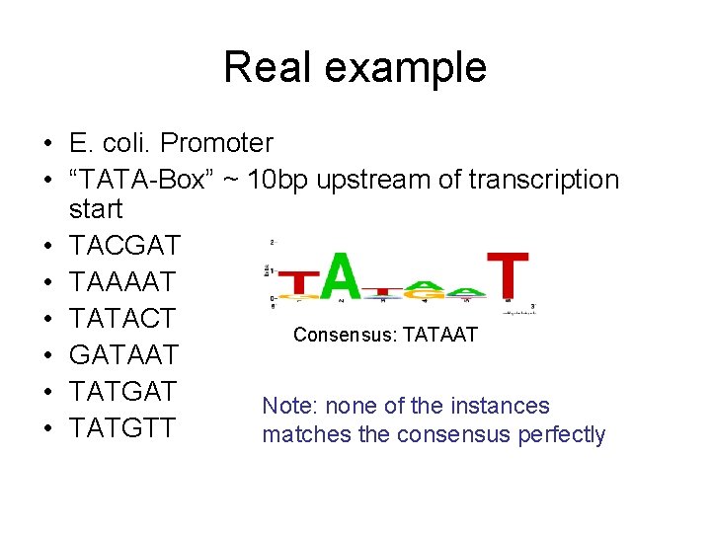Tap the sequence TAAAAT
[x=122, y=281]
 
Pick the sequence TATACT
[x=122, y=318]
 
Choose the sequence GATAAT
[x=124, y=354]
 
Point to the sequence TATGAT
[x=122, y=391]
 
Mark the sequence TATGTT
[x=122, y=427]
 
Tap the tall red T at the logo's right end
[x=508, y=275]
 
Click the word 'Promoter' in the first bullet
[x=216, y=143]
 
